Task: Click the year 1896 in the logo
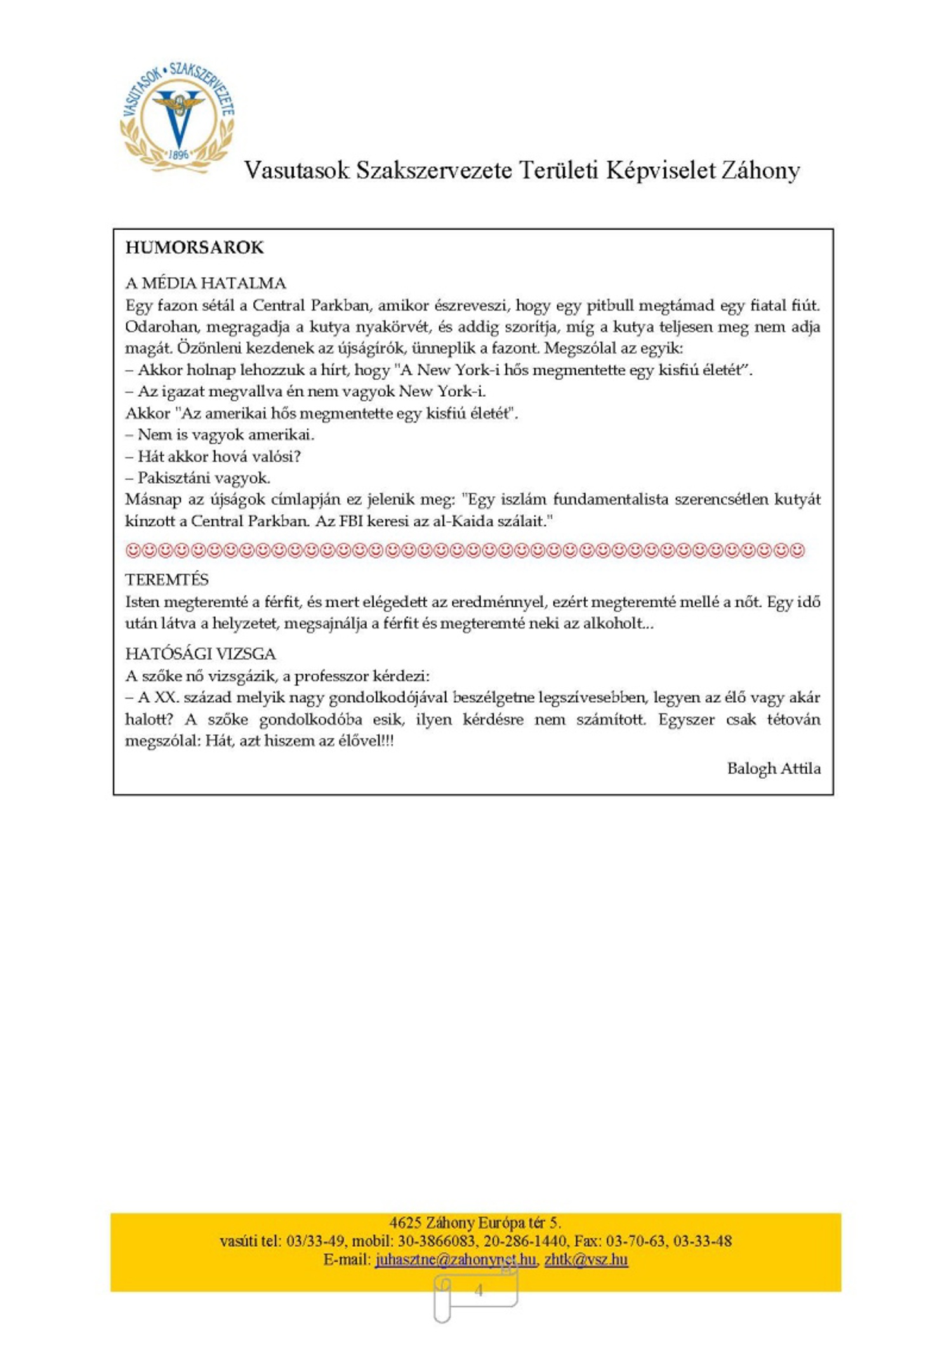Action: pyautogui.click(x=179, y=154)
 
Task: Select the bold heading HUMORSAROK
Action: pyautogui.click(x=194, y=248)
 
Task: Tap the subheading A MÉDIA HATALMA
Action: pyautogui.click(x=206, y=283)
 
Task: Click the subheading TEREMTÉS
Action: pyautogui.click(x=167, y=580)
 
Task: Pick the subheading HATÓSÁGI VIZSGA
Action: pyautogui.click(x=201, y=654)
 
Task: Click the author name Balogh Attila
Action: pyautogui.click(x=773, y=769)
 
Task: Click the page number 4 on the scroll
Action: pyautogui.click(x=479, y=1291)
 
